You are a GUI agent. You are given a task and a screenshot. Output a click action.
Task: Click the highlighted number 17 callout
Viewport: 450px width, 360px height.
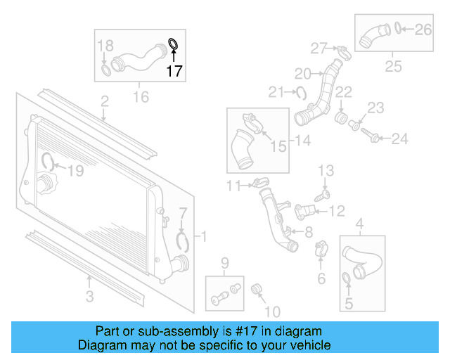pos(174,71)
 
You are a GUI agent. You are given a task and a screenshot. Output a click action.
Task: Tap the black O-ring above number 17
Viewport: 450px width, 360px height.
pos(173,46)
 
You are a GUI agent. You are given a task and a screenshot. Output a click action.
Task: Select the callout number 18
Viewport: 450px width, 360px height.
pos(105,46)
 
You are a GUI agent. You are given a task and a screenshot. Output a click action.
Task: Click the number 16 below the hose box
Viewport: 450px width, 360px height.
pos(141,96)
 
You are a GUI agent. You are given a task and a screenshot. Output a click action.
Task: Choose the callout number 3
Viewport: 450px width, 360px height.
pos(89,297)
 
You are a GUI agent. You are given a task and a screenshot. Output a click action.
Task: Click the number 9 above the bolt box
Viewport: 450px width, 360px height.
pos(225,264)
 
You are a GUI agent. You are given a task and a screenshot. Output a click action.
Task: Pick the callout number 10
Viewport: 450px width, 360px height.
pos(271,311)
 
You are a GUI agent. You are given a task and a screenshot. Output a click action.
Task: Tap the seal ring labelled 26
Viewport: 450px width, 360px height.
pos(399,29)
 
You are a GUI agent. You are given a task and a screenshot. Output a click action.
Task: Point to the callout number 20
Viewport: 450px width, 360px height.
pos(302,73)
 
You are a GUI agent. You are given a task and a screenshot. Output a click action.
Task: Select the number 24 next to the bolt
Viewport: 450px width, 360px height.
pos(399,139)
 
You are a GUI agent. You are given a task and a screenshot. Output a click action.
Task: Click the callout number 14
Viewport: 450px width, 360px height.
pos(302,141)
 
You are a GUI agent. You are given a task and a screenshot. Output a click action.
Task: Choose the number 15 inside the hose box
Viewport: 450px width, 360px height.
pos(278,146)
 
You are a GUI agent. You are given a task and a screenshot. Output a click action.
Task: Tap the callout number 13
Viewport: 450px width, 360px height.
pos(326,170)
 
